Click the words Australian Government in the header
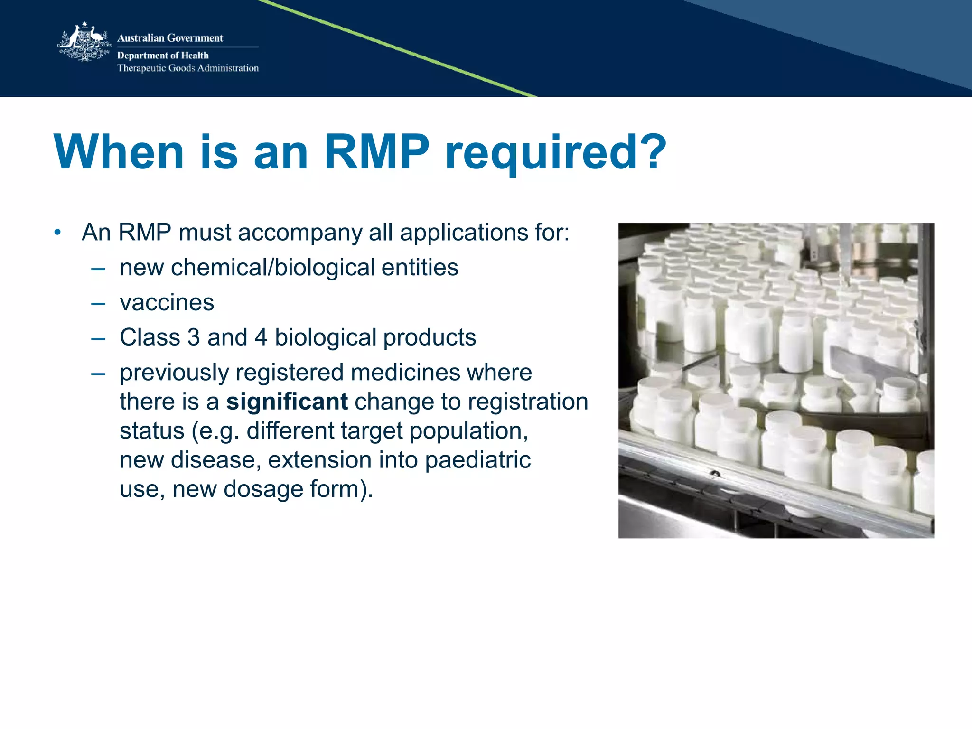(x=170, y=38)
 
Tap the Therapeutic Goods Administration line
(x=188, y=68)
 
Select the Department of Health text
(x=163, y=55)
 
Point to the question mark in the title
(x=652, y=152)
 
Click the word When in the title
(x=119, y=152)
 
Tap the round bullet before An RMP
(x=57, y=233)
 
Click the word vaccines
(x=167, y=302)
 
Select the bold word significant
(x=287, y=402)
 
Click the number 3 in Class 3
(x=194, y=337)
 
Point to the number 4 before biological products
(x=261, y=337)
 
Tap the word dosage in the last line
(x=263, y=489)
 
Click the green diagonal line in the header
(x=399, y=47)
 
